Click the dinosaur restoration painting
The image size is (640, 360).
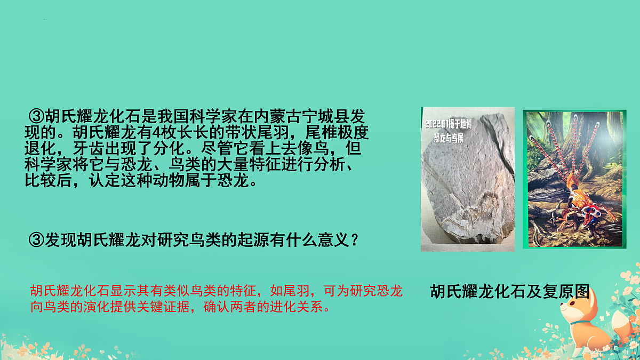(x=574, y=179)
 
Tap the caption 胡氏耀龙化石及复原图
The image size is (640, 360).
(x=509, y=291)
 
